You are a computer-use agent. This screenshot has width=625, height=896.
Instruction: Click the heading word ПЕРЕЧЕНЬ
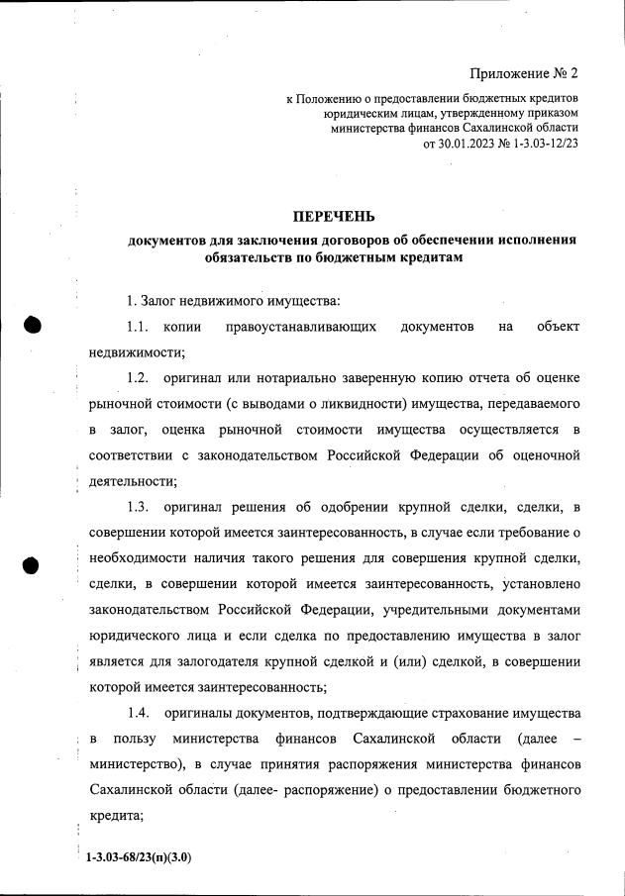point(334,216)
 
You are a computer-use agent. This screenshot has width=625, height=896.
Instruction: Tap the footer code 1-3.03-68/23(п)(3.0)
point(139,857)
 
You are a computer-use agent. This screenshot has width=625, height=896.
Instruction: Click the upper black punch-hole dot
point(32,326)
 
